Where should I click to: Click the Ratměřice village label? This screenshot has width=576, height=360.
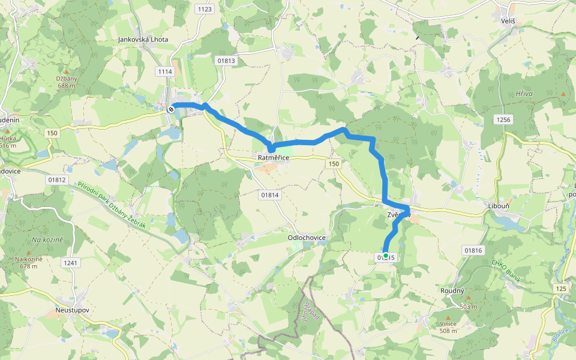coord(274,158)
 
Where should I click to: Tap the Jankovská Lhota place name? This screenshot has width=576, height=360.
coord(143,40)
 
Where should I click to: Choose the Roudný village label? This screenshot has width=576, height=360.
coord(452,290)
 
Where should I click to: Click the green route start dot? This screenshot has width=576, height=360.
coord(386,256)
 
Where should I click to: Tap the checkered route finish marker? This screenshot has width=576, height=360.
coord(172,109)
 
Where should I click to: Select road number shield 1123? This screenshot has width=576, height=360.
coord(205,9)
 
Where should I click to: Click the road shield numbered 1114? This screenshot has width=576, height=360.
coord(165,71)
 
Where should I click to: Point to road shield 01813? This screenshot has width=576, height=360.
coord(227,61)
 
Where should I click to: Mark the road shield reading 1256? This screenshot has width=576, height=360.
coord(503,120)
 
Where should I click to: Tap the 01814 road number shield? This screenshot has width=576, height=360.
coord(271,195)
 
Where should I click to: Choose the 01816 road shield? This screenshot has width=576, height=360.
coord(473,250)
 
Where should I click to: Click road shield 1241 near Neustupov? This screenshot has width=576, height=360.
coord(71,262)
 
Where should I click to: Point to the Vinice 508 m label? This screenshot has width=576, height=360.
coord(448,327)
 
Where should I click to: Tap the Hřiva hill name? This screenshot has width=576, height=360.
coord(524,94)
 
